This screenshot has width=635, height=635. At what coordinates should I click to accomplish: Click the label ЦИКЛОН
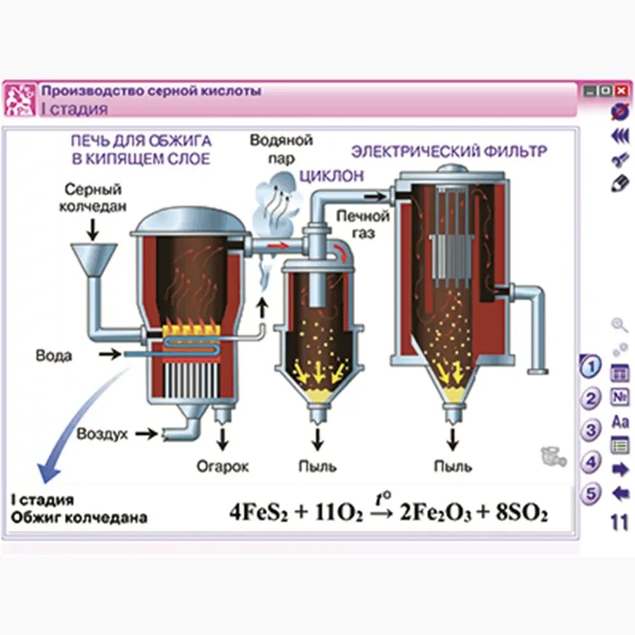click(x=331, y=176)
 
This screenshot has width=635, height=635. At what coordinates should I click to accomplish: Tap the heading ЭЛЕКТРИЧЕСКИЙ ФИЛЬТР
click(x=450, y=152)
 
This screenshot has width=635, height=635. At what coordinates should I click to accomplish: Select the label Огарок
click(x=222, y=467)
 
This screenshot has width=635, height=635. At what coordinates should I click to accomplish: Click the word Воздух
click(x=102, y=434)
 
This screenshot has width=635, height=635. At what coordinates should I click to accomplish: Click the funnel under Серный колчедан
click(x=93, y=260)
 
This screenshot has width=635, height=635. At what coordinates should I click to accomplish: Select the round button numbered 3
click(x=591, y=430)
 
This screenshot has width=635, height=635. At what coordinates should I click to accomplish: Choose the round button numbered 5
click(x=591, y=493)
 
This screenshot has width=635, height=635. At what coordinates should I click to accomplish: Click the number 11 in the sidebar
click(x=619, y=523)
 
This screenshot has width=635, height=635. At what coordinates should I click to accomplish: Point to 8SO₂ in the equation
click(x=521, y=513)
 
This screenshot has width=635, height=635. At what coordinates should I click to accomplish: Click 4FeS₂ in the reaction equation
click(x=257, y=513)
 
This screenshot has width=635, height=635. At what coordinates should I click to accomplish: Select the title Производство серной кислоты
click(x=151, y=91)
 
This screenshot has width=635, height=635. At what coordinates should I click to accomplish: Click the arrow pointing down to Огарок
click(x=222, y=439)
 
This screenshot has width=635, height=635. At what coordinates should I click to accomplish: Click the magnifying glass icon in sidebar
click(x=619, y=326)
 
